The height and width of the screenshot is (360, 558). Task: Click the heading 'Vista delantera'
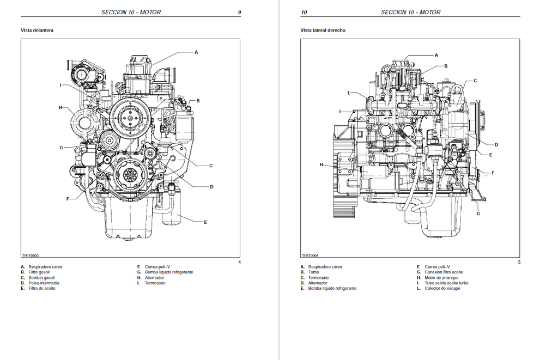pyautogui.click(x=37, y=30)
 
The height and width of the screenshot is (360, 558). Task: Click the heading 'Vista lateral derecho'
pyautogui.click(x=323, y=30)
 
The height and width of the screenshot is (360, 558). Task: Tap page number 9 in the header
pyautogui.click(x=239, y=13)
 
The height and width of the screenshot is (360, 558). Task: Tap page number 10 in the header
pyautogui.click(x=304, y=13)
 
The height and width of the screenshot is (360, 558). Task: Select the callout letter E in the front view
pyautogui.click(x=205, y=222)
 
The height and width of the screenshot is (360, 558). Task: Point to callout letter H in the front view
pyautogui.click(x=60, y=107)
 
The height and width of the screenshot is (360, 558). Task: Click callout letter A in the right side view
pyautogui.click(x=436, y=55)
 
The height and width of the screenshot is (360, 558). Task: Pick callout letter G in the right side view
pyautogui.click(x=478, y=213)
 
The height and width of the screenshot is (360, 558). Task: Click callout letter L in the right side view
pyautogui.click(x=349, y=93)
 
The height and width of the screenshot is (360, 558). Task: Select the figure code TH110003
pyautogui.click(x=31, y=255)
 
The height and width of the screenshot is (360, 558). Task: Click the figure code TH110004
pyautogui.click(x=310, y=255)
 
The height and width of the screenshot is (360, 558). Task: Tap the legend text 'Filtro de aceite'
pyautogui.click(x=42, y=289)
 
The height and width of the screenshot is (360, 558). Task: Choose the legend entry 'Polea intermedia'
pyautogui.click(x=44, y=283)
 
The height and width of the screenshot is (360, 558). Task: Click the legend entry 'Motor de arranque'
pyautogui.click(x=441, y=278)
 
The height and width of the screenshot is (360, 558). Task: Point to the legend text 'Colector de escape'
pyautogui.click(x=442, y=289)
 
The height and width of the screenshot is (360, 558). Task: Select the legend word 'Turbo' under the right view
pyautogui.click(x=313, y=272)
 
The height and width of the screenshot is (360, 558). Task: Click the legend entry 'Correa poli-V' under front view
pyautogui.click(x=157, y=267)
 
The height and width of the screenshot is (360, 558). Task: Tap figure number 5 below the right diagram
pyautogui.click(x=519, y=262)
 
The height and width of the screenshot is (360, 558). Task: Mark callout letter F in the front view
pyautogui.click(x=68, y=199)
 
